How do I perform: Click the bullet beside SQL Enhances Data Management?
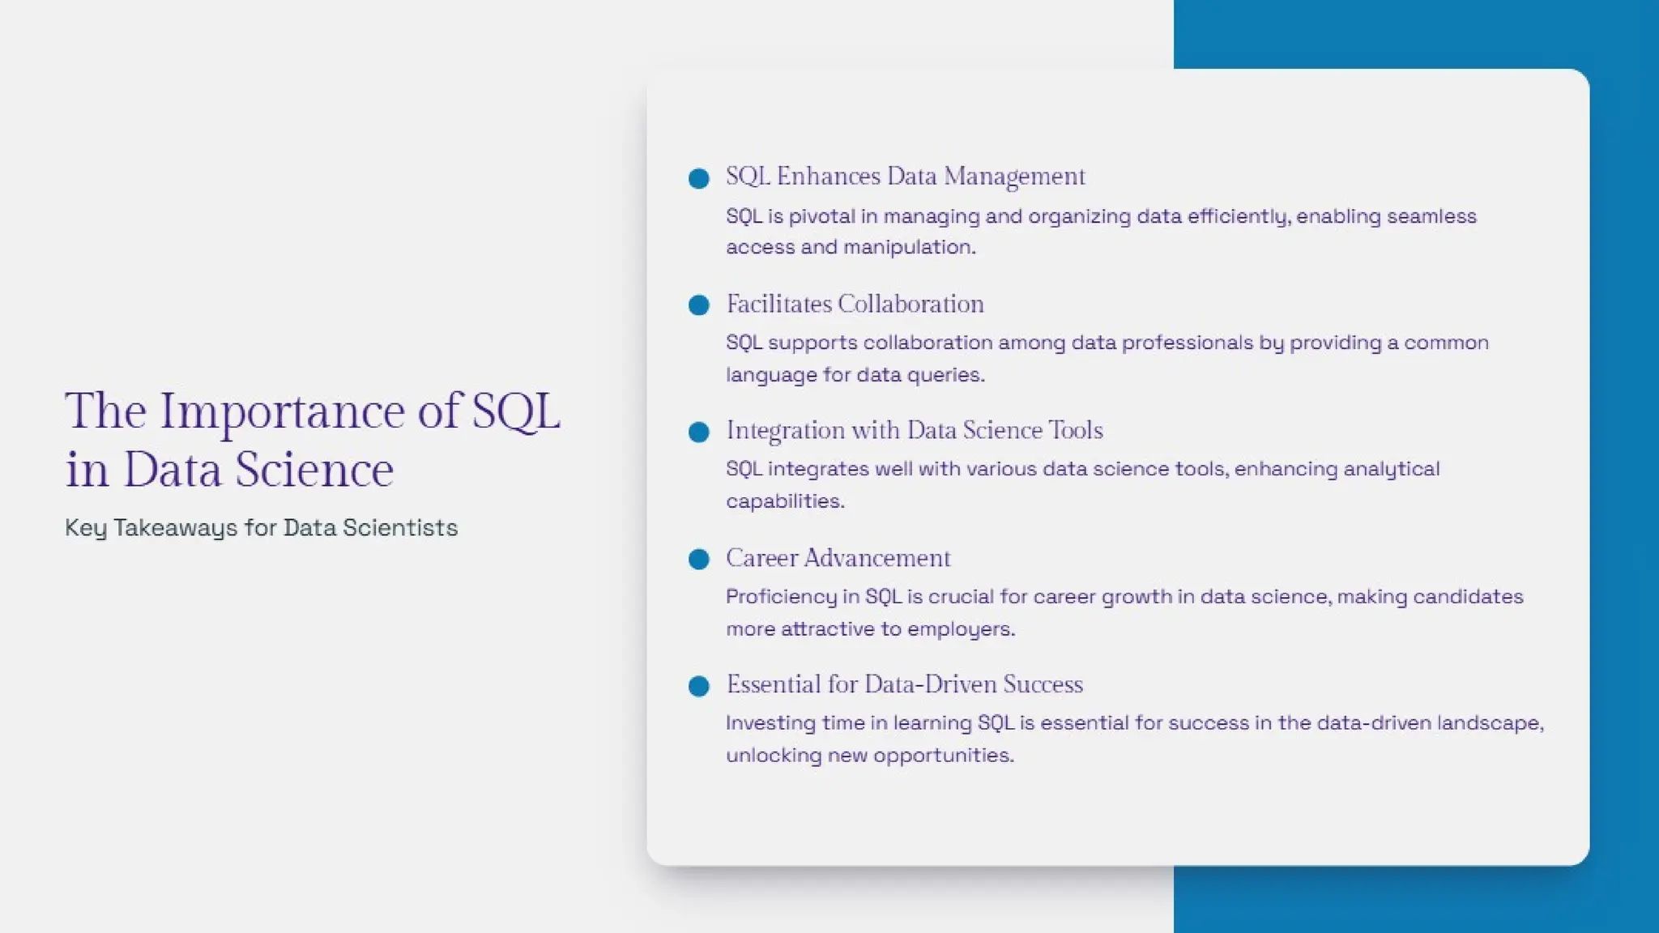pos(698,178)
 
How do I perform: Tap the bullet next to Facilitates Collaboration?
pos(698,305)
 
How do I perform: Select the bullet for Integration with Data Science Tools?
pos(698,432)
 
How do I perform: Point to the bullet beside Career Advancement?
pos(698,559)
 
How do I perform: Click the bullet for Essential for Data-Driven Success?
pos(698,686)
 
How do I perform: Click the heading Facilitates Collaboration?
pos(855,304)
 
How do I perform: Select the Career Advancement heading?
pos(838,558)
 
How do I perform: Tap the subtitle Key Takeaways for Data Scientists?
pos(261,528)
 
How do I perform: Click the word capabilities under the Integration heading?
pos(784,501)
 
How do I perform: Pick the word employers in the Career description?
pos(961,629)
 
